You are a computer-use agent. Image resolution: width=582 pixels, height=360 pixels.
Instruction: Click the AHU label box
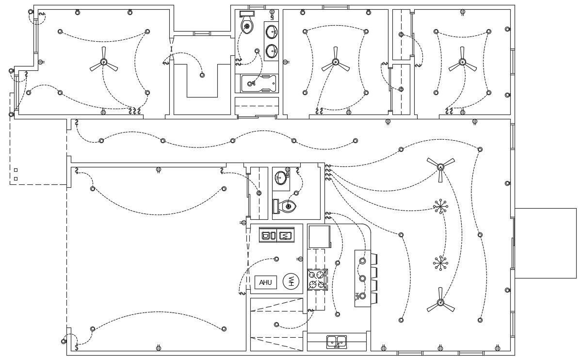pyautogui.click(x=265, y=282)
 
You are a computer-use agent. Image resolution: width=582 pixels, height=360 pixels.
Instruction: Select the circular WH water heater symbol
pyautogui.click(x=291, y=281)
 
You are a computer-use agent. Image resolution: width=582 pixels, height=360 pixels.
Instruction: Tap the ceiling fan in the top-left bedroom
pyautogui.click(x=103, y=62)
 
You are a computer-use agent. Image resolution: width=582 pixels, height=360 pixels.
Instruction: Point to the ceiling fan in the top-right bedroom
pyautogui.click(x=462, y=62)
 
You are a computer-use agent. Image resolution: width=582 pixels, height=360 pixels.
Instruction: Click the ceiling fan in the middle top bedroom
pyautogui.click(x=335, y=62)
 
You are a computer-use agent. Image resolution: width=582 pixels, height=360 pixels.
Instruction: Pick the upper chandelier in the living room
pyautogui.click(x=440, y=207)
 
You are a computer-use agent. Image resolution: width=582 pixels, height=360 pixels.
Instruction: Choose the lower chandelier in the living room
pyautogui.click(x=440, y=263)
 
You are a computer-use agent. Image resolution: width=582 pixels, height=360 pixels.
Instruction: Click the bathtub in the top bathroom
pyautogui.click(x=259, y=83)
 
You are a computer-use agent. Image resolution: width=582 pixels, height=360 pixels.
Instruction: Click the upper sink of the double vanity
pyautogui.click(x=272, y=33)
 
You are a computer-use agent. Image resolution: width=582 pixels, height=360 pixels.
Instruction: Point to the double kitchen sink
pyautogui.click(x=337, y=342)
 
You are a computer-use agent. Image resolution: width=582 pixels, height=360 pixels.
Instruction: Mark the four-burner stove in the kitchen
pyautogui.click(x=317, y=279)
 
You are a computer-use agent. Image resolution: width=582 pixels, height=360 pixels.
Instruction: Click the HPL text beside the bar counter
pyautogui.click(x=357, y=296)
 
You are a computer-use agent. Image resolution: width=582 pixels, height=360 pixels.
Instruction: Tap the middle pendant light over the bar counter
pyautogui.click(x=362, y=278)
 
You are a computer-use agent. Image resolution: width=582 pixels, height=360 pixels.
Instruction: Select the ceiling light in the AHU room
pyautogui.click(x=276, y=259)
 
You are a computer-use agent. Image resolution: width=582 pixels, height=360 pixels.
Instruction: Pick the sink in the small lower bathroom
pyautogui.click(x=281, y=178)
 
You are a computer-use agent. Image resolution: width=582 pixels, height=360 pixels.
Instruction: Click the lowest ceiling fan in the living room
pyautogui.click(x=440, y=302)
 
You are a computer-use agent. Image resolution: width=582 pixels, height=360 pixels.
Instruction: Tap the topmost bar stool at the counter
pyautogui.click(x=373, y=259)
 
